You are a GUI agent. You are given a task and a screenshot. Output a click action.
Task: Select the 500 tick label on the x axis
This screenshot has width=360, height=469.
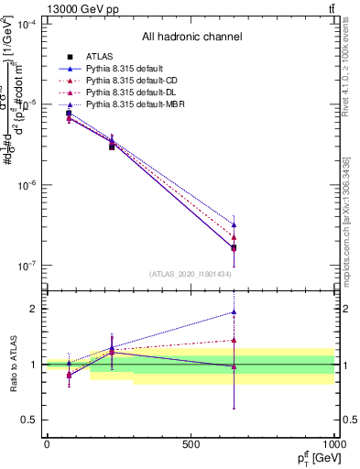coord(191,444)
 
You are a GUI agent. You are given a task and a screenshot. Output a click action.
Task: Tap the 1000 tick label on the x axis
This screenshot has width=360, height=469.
coord(334,444)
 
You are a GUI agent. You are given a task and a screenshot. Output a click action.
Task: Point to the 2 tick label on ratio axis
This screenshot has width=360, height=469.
coord(34,309)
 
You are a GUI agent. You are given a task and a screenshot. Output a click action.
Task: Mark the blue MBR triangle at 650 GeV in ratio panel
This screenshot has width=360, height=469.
coord(234,312)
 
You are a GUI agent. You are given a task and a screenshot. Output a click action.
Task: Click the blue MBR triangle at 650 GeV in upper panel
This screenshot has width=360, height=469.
coord(234,224)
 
